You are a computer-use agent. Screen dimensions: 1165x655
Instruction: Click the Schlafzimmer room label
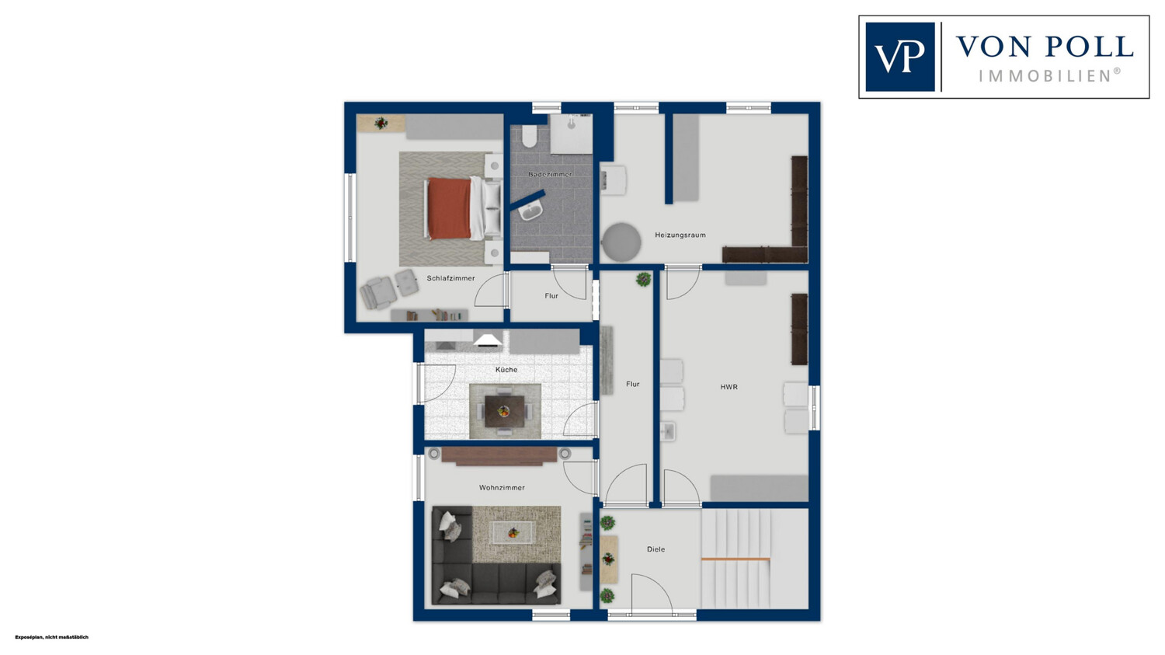(450, 278)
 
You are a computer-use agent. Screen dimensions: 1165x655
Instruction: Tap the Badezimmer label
(550, 174)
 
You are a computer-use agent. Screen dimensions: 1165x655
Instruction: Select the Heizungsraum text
(680, 235)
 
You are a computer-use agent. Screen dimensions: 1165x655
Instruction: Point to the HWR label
(729, 387)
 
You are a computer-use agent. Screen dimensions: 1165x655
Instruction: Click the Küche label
(506, 369)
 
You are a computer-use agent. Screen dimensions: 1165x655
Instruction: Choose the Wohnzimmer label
(502, 487)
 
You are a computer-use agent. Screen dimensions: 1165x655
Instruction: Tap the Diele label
(656, 549)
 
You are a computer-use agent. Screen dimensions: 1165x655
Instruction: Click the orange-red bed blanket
(450, 208)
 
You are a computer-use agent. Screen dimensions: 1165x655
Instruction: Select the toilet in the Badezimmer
(530, 135)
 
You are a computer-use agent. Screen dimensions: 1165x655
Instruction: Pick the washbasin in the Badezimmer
(531, 210)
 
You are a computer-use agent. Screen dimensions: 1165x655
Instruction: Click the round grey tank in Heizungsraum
(621, 242)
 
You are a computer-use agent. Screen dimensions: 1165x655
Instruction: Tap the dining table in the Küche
(505, 411)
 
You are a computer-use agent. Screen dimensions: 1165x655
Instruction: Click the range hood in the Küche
(487, 340)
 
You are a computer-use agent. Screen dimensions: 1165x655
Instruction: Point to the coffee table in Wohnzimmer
(513, 533)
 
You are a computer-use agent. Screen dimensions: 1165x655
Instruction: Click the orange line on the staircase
(736, 559)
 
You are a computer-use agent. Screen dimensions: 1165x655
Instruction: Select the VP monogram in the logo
(899, 57)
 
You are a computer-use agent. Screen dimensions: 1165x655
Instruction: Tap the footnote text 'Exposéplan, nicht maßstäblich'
(51, 637)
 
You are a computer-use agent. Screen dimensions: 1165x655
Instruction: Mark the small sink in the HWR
(667, 431)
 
